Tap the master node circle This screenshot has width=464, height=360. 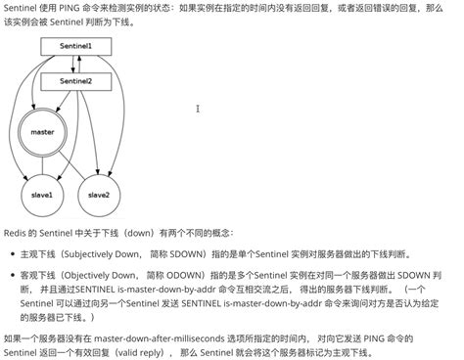42,131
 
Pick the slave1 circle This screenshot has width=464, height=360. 41,196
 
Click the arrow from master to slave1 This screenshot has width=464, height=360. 41,164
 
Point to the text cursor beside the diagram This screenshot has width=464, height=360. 199,109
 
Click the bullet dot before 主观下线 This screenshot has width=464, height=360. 12,253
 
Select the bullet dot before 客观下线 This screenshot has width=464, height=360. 12,277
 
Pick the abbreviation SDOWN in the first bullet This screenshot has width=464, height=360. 188,253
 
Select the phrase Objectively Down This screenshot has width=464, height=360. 99,277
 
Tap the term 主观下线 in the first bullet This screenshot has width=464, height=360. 36,253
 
